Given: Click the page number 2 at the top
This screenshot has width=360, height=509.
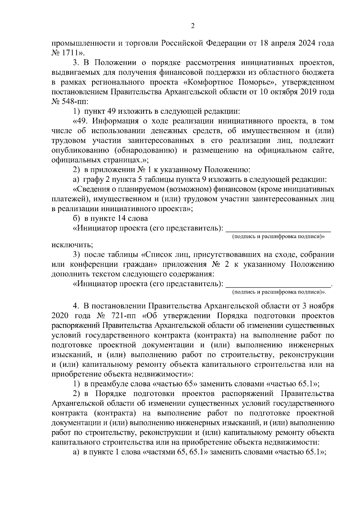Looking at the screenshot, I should (193, 26).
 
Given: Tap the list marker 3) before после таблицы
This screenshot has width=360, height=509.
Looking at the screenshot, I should (77, 255).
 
